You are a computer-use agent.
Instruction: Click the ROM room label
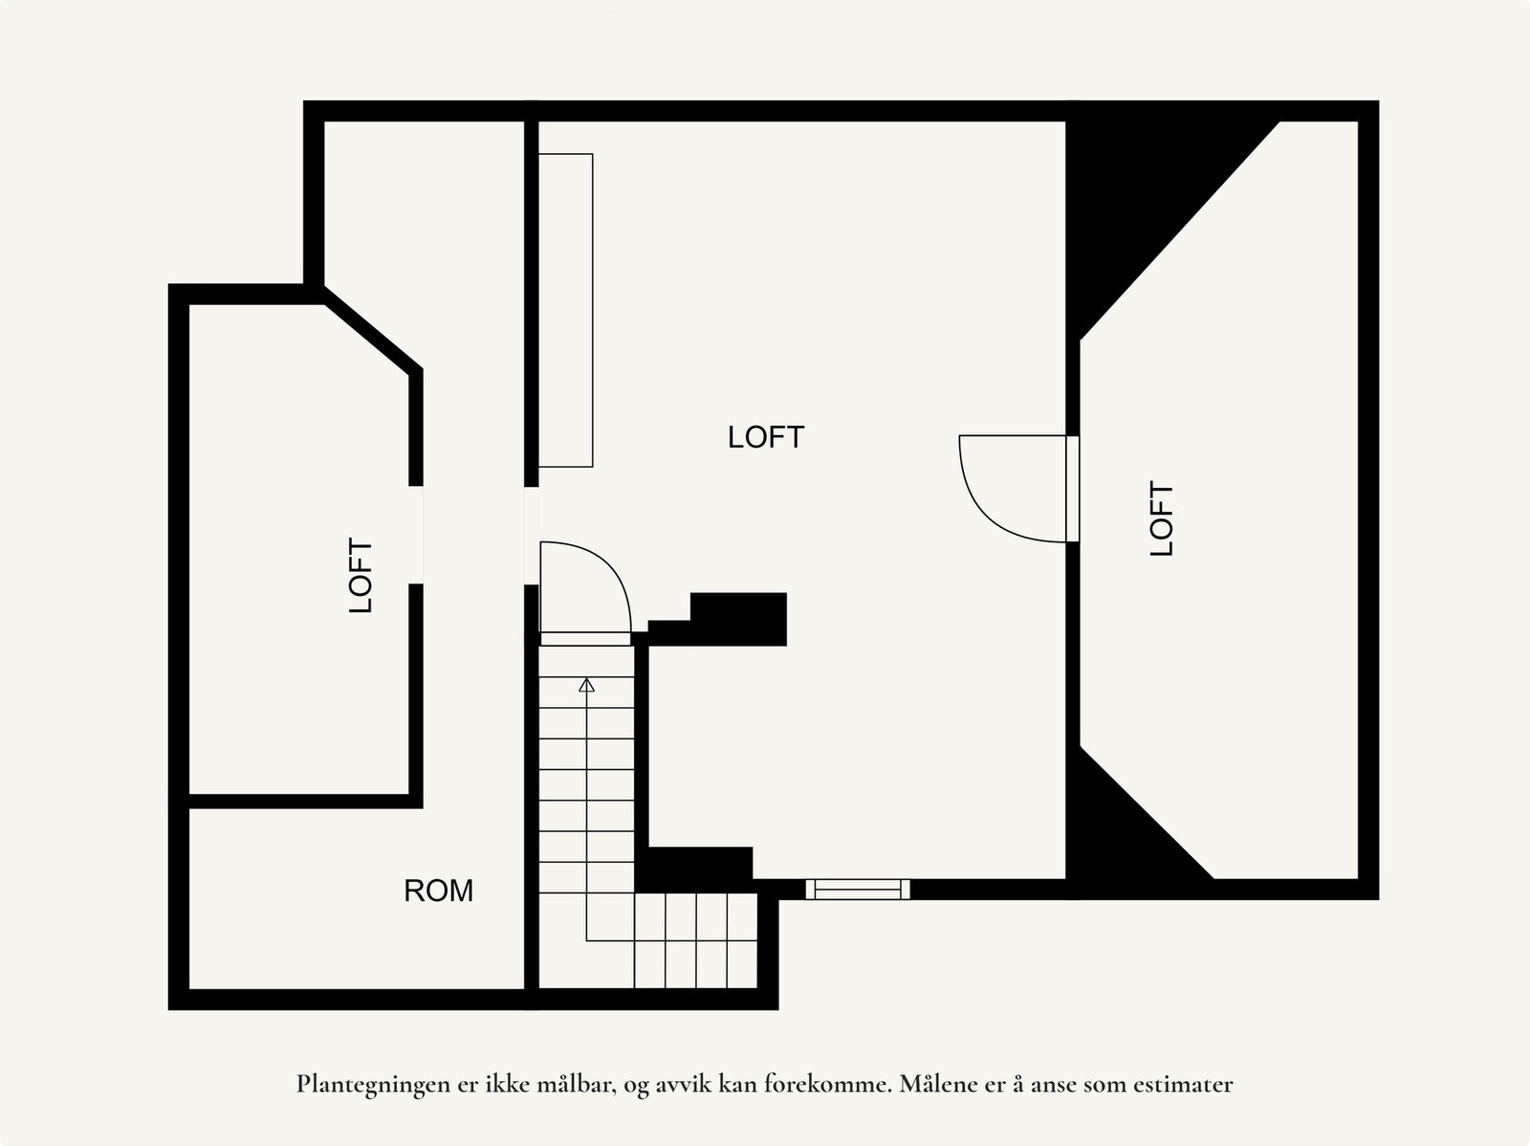coord(438,891)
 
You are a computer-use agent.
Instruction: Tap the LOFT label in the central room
coord(765,437)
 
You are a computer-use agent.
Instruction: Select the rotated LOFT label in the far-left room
coord(361,575)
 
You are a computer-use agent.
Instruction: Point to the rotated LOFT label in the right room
coord(1161,518)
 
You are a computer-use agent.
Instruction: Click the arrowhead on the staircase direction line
coord(586,684)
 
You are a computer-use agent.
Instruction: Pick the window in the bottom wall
coord(857,890)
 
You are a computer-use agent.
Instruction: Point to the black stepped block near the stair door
coord(736,619)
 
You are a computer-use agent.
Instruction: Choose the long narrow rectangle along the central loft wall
coord(565,310)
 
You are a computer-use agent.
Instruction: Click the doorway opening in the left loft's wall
coord(416,535)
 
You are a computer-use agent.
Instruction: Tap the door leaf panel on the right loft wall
coord(1072,489)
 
